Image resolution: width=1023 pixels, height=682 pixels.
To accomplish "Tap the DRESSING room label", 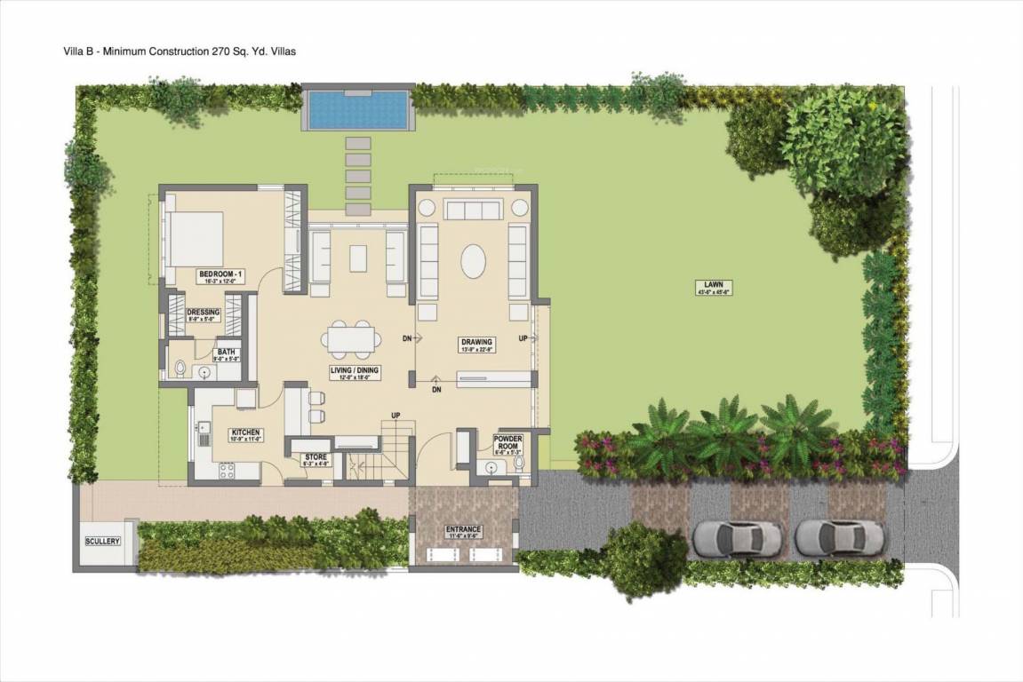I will tap(204, 312).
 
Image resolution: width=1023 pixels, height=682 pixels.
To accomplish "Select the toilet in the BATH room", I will tap(180, 368).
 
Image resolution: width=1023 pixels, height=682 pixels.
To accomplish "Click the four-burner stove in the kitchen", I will tap(226, 469).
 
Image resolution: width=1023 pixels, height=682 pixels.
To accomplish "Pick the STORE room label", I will tap(316, 457).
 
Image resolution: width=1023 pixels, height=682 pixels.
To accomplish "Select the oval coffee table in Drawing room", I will tap(473, 264).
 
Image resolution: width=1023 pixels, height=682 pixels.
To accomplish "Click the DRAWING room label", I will tap(476, 342).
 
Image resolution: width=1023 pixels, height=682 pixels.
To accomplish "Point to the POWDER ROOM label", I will tap(508, 442).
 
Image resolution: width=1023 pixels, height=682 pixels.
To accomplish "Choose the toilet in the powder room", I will tap(518, 466).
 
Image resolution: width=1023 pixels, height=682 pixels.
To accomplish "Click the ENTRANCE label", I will tap(462, 530).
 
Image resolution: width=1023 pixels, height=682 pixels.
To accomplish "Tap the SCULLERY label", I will tap(102, 541).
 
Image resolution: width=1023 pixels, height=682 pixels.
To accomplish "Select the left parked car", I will tap(737, 536).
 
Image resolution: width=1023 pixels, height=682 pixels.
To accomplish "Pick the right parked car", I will tap(840, 536).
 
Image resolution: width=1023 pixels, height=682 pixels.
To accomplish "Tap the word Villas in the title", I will tap(282, 52).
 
